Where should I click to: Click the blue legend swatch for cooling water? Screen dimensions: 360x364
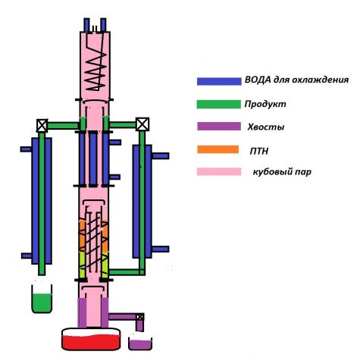(x=219, y=81)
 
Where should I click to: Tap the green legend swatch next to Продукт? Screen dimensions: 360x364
(x=219, y=105)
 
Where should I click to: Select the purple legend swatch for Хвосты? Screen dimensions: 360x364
(x=219, y=126)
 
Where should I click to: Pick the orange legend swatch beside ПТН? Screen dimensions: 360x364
(x=218, y=149)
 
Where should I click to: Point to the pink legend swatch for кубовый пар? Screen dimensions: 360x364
(x=219, y=171)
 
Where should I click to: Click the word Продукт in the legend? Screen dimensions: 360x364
(x=265, y=104)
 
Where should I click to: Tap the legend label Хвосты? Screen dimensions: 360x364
(x=266, y=127)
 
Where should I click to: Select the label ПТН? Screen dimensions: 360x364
(x=259, y=151)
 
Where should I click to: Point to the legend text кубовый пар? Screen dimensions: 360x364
(x=282, y=172)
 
